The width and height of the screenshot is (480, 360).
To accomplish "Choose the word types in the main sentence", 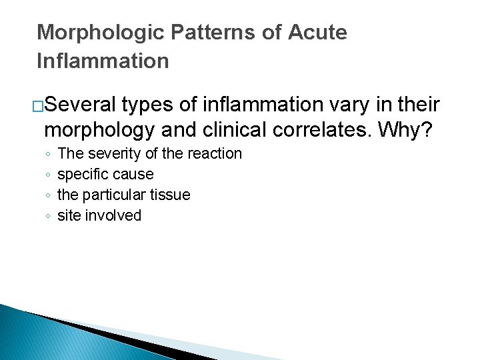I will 147,105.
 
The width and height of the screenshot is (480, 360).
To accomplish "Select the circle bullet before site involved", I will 47,216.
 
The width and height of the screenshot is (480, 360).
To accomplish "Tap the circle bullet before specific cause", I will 47,175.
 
